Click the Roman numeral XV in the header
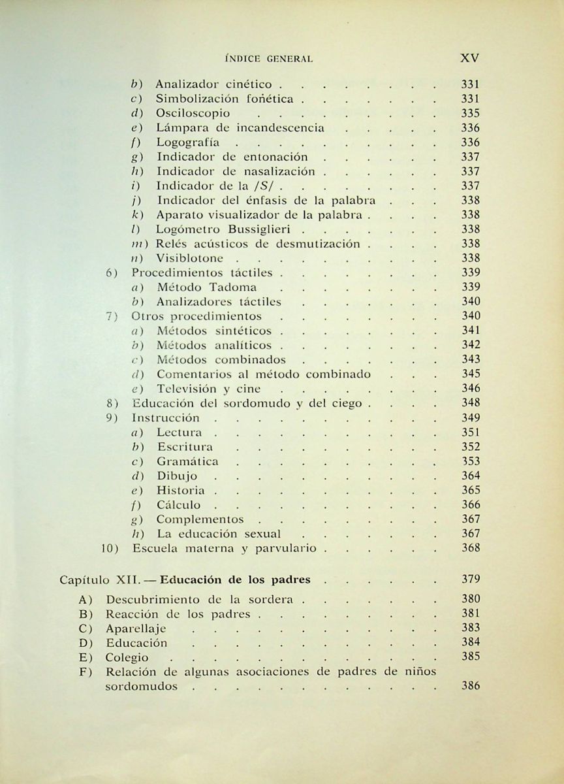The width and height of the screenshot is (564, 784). (x=470, y=57)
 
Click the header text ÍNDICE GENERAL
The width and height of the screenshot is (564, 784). (x=268, y=59)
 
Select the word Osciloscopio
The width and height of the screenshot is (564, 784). (x=193, y=114)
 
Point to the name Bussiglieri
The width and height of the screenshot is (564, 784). (x=260, y=229)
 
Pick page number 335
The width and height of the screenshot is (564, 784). (x=470, y=114)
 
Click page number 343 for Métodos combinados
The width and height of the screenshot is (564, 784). (x=470, y=359)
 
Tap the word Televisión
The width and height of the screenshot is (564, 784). (x=189, y=389)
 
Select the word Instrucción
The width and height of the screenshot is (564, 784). (x=166, y=418)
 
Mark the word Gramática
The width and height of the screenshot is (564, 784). (x=188, y=462)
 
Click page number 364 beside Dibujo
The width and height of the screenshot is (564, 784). (x=470, y=476)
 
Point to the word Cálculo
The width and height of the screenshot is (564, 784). (x=179, y=505)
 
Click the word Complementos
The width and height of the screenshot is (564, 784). (x=200, y=520)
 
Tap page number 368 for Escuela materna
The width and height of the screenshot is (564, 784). (x=470, y=548)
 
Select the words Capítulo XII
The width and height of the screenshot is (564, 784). (x=97, y=580)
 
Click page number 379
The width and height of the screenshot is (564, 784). (x=470, y=579)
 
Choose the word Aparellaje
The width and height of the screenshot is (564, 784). (x=136, y=629)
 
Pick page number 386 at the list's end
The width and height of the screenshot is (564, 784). (x=470, y=686)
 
